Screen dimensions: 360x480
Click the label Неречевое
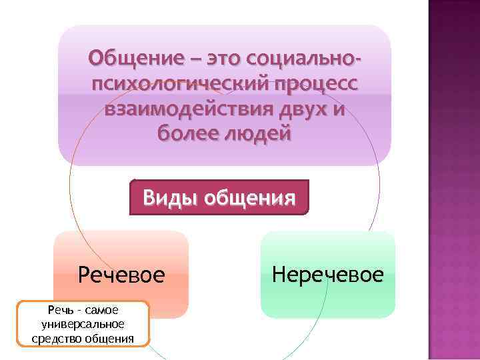328,274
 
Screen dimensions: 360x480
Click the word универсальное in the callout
82,324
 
